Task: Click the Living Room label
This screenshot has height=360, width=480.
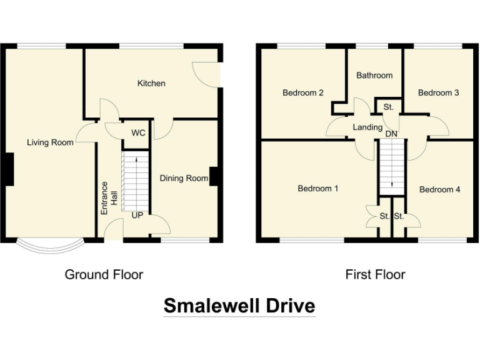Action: pyautogui.click(x=50, y=142)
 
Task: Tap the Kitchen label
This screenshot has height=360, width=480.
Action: pyautogui.click(x=151, y=83)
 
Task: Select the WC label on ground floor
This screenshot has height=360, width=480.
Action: pyautogui.click(x=138, y=133)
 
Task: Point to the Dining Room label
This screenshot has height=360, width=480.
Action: pyautogui.click(x=184, y=178)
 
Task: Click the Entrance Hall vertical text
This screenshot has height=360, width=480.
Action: pyautogui.click(x=109, y=198)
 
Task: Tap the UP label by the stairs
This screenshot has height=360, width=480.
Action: pyautogui.click(x=137, y=215)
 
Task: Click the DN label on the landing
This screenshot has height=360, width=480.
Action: pyautogui.click(x=391, y=134)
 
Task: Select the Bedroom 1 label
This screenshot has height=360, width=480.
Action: pyautogui.click(x=318, y=188)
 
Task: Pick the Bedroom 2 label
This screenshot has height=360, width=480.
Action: pyautogui.click(x=303, y=93)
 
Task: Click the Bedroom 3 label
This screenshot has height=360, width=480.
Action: pyautogui.click(x=439, y=93)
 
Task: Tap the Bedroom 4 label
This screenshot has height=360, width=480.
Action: pyautogui.click(x=440, y=189)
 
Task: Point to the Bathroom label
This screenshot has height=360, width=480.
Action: pyautogui.click(x=374, y=75)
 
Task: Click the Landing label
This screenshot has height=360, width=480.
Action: pyautogui.click(x=367, y=127)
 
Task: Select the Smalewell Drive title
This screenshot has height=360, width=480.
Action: pyautogui.click(x=239, y=306)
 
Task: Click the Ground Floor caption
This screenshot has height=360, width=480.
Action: pyautogui.click(x=104, y=274)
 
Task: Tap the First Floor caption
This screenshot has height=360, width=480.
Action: pyautogui.click(x=375, y=274)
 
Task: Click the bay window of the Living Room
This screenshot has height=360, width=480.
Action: pyautogui.click(x=49, y=247)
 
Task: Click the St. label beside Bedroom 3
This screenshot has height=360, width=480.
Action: pyautogui.click(x=389, y=107)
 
